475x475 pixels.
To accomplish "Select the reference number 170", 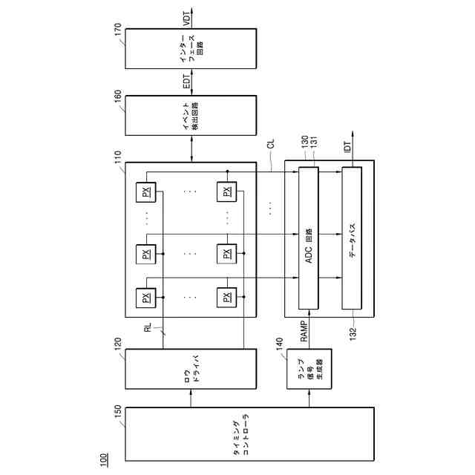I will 117,25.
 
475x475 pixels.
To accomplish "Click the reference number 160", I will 117,94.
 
